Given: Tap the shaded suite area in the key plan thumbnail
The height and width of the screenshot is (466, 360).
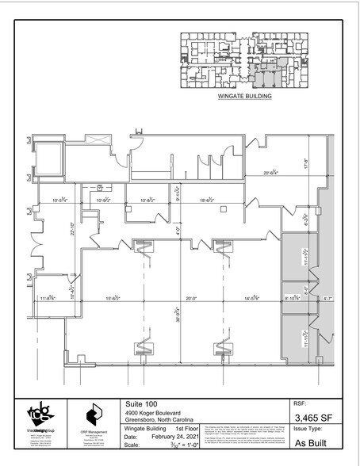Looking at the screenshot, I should click(261, 76).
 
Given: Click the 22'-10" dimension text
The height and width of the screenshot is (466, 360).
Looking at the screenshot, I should click(72, 231).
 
